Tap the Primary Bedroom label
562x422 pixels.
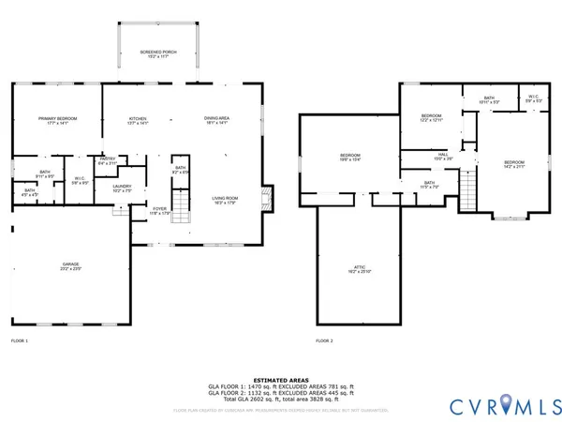57,120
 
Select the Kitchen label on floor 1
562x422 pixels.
138,120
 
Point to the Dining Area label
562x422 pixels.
216,119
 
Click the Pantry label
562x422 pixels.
107,160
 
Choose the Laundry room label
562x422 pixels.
123,187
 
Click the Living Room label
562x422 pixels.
224,199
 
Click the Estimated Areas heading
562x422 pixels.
280,379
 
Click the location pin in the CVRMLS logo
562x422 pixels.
508,404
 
